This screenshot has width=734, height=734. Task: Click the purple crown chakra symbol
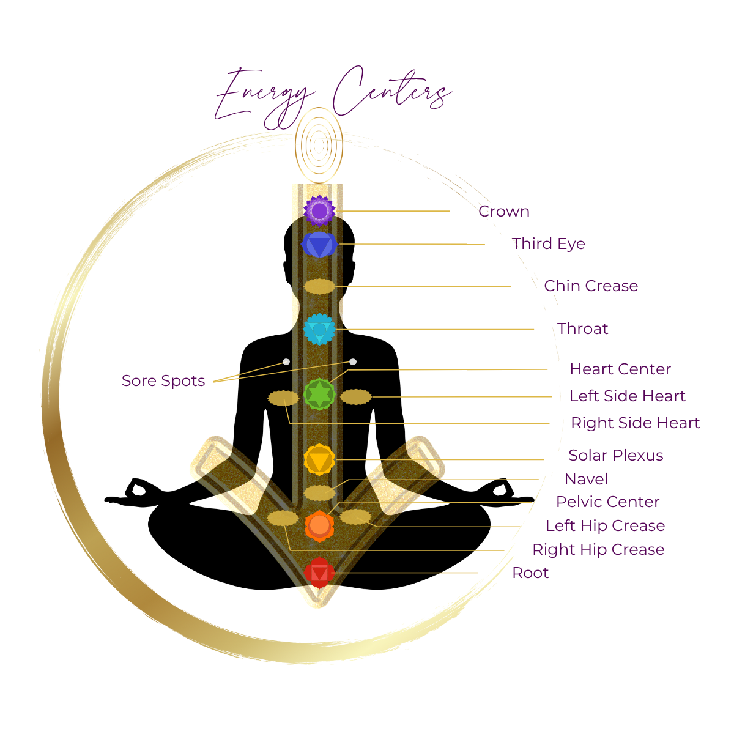319,211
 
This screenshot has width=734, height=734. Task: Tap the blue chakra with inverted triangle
319,245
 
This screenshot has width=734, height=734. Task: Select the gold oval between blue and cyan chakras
319,286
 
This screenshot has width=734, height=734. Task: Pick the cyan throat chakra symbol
319,329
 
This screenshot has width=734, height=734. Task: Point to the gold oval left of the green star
283,399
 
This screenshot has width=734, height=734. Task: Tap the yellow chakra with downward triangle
319,459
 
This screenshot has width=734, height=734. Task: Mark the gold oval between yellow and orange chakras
319,492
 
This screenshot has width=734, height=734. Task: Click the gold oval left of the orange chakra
283,518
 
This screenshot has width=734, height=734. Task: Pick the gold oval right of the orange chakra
356,517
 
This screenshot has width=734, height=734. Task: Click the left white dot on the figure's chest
286,362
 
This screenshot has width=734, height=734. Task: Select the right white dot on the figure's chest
353,362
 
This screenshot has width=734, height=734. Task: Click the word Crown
505,212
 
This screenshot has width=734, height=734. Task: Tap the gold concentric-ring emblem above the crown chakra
319,144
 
